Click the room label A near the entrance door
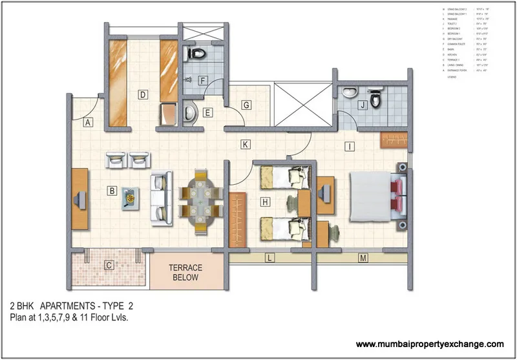[89, 122]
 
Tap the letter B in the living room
[112, 191]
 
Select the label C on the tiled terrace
[109, 264]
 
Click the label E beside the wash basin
[207, 113]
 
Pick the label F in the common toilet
[202, 81]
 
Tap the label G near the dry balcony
[246, 104]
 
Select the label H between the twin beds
[265, 202]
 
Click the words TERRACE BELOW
[185, 272]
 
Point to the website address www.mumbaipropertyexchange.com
[430, 344]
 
